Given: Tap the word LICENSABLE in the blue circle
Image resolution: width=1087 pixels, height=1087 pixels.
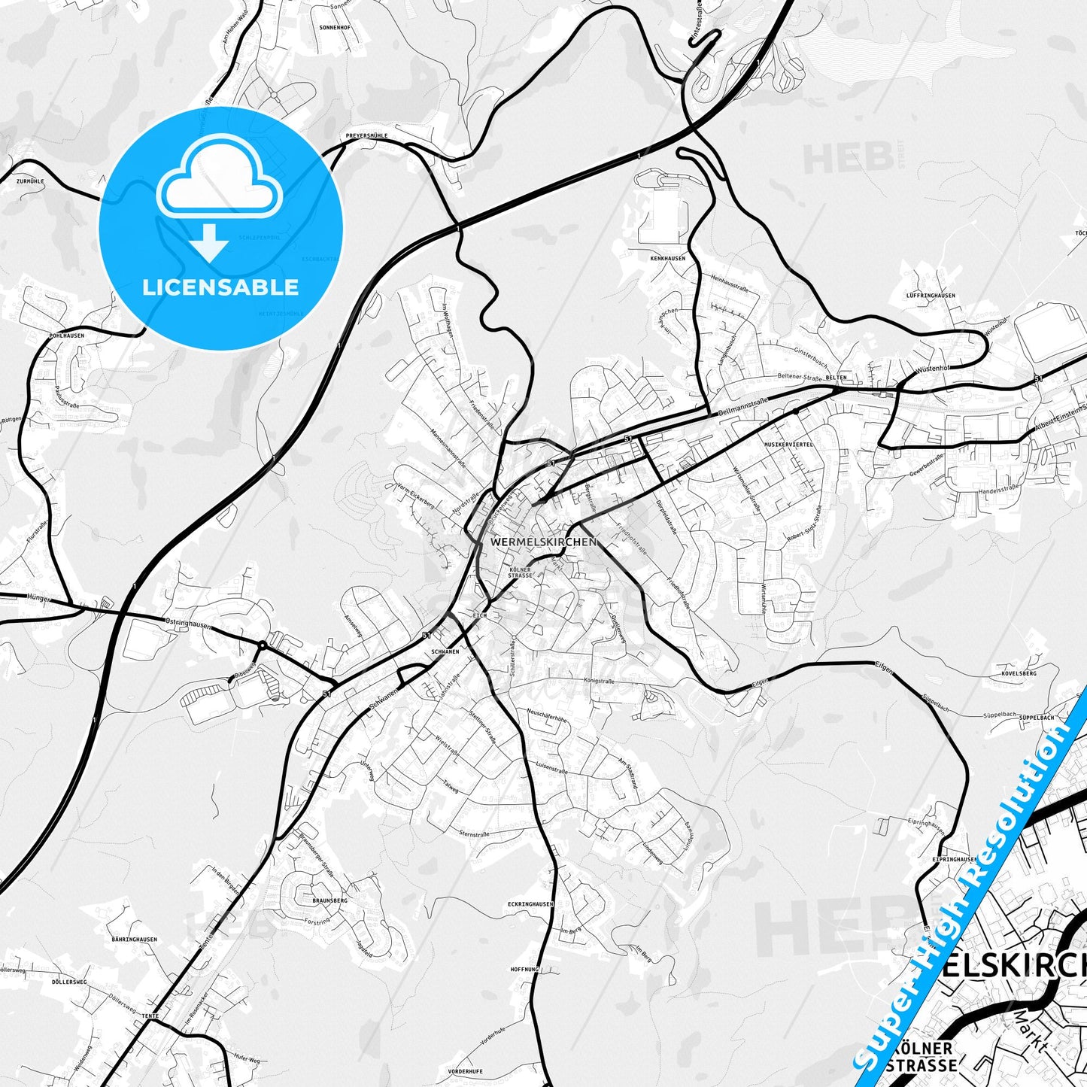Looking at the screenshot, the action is pos(220,287).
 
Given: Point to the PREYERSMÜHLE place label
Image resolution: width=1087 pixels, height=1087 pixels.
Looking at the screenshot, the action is pos(366,136).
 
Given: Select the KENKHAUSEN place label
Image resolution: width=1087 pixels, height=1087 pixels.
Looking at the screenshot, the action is pos(668,258).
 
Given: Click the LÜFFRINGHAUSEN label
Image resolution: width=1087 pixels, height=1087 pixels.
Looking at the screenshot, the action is pos(931,296).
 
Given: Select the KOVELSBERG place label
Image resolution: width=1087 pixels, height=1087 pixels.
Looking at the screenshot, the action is pos(1019,673).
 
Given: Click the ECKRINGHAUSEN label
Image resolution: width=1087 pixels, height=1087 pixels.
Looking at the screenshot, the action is pos(531,903).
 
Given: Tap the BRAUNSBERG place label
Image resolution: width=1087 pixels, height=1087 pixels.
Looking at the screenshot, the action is pos(330,900).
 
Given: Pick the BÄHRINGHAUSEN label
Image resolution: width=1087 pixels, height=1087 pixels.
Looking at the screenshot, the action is pos(134,939).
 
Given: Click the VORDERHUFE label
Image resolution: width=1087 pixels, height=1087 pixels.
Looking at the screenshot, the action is pos(465,1071).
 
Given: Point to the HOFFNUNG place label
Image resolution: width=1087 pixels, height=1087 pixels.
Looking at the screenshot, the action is pos(525,970).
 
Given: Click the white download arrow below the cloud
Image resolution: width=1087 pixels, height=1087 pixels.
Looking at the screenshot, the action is pos(210,242).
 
